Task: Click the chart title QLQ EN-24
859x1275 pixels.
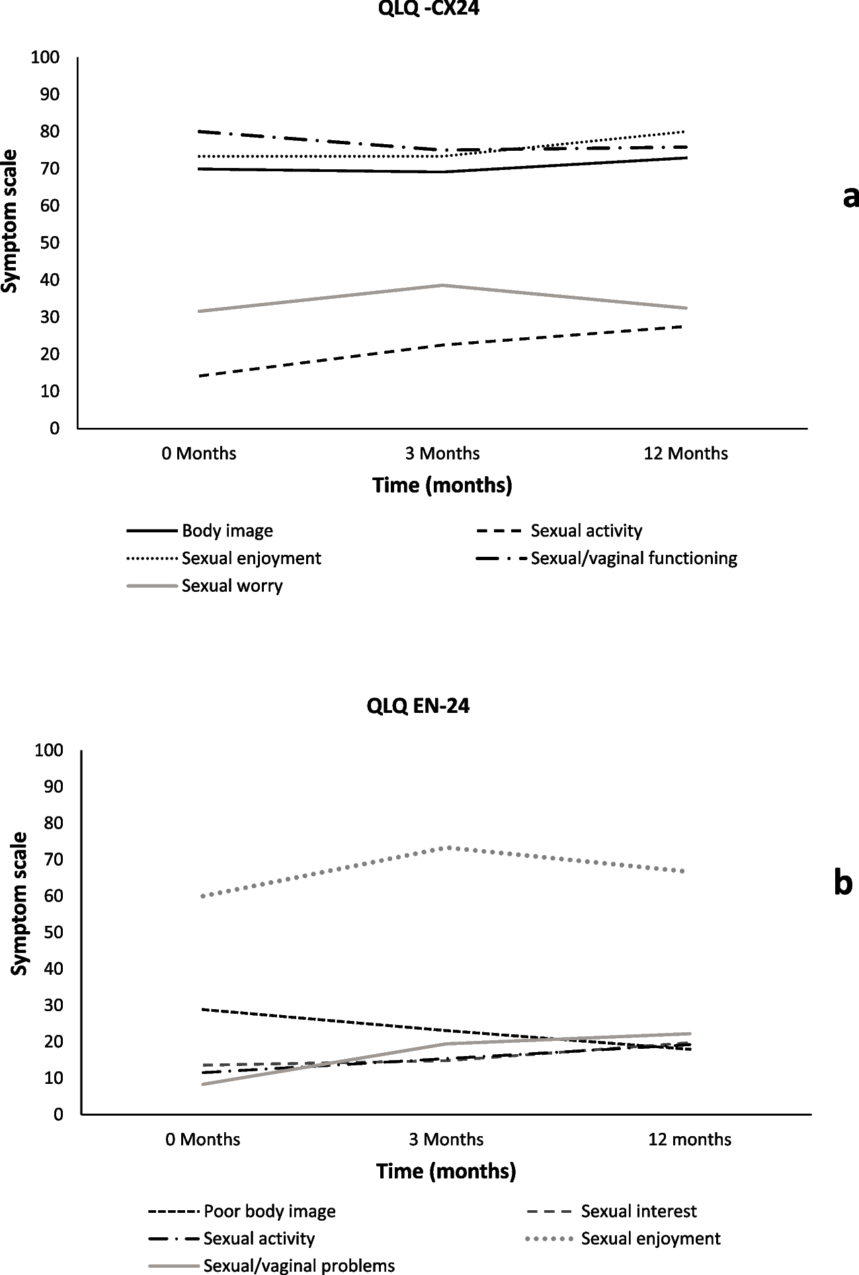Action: click(x=418, y=706)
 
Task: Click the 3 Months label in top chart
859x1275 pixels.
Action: click(x=442, y=454)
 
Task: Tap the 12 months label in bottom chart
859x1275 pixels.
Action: click(x=690, y=1139)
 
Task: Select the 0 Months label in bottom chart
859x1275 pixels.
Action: click(x=202, y=1139)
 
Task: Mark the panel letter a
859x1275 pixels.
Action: click(x=850, y=196)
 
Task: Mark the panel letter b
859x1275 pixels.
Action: click(x=842, y=884)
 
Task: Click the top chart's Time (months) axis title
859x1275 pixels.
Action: click(x=442, y=486)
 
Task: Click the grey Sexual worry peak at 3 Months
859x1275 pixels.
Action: click(x=442, y=286)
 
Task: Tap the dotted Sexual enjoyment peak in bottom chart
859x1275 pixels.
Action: click(x=449, y=847)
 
